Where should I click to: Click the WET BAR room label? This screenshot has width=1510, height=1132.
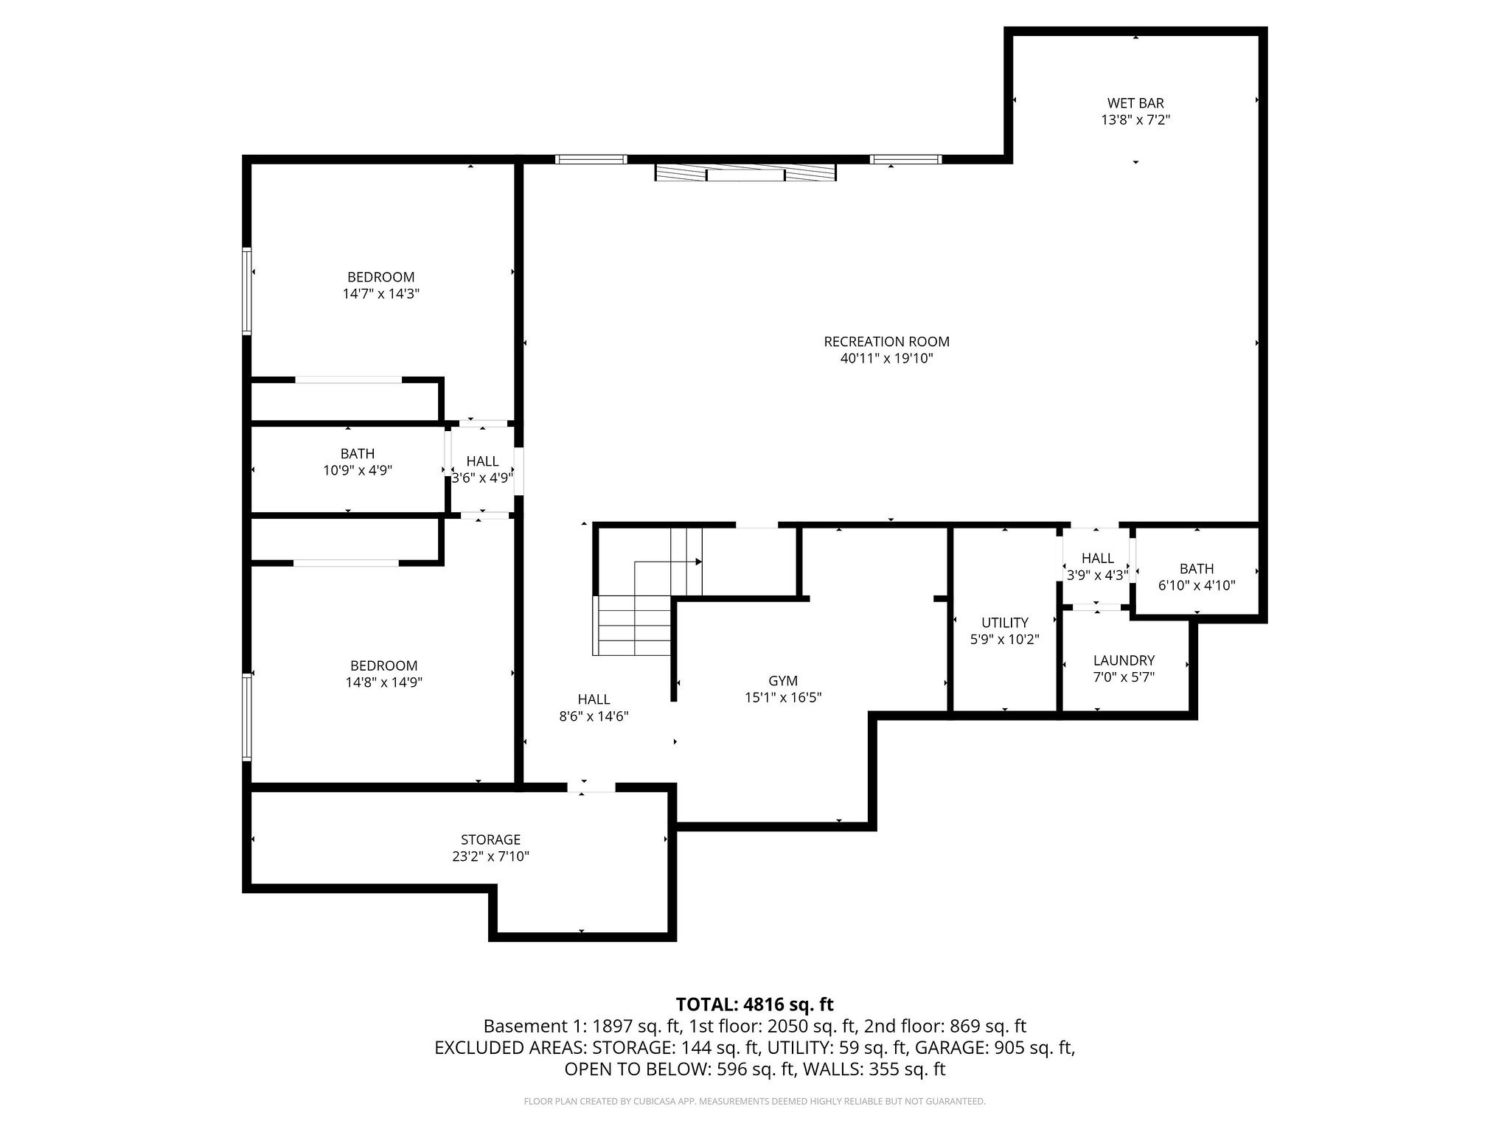[1135, 103]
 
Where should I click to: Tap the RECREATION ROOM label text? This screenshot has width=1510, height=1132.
[886, 342]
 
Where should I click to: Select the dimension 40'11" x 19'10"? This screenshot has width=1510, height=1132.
[886, 359]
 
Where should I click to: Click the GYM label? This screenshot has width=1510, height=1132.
[782, 681]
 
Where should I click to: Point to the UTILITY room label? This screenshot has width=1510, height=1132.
[1004, 623]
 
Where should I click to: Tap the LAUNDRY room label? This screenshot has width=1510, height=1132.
[1124, 660]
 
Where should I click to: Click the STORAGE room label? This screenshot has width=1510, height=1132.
[490, 839]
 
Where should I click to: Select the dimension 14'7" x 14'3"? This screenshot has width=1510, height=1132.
[380, 294]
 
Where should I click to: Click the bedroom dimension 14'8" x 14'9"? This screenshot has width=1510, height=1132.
[383, 682]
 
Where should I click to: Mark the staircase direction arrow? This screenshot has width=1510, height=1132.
[697, 562]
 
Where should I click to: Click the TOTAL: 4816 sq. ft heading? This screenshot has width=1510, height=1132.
[754, 1005]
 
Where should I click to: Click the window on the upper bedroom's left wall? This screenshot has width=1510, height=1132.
[247, 292]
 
